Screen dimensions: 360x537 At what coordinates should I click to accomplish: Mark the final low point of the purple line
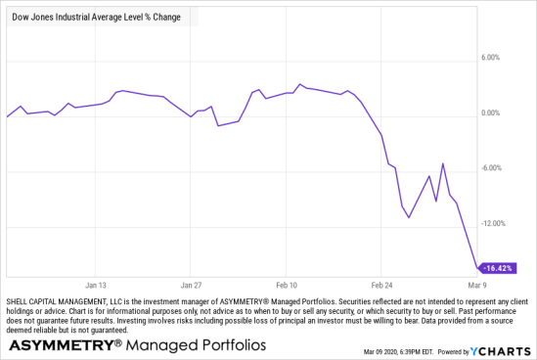(477, 267)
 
